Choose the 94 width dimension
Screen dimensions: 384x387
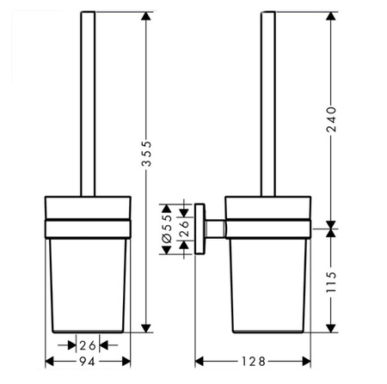pyautogui.click(x=89, y=361)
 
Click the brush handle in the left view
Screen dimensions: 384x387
pyautogui.click(x=88, y=103)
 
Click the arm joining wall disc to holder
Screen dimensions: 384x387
pyautogui.click(x=215, y=229)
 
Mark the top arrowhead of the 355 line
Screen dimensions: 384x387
pyautogui.click(x=147, y=17)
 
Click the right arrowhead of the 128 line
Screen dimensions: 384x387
pyautogui.click(x=308, y=361)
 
